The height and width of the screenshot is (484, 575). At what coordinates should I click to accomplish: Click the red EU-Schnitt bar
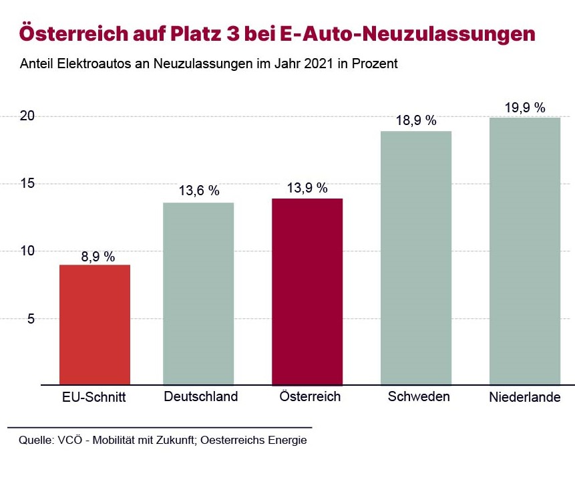[95, 325]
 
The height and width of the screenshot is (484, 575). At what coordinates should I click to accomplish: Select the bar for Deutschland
[198, 294]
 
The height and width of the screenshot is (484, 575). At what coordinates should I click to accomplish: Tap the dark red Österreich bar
[308, 291]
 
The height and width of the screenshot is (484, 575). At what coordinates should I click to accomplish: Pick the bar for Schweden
[416, 258]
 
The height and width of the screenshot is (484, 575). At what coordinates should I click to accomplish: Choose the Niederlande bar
[524, 251]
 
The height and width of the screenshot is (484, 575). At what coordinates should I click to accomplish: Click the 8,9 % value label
[95, 257]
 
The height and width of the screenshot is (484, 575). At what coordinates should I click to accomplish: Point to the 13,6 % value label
[198, 191]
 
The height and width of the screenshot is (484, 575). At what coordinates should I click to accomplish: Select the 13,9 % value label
[308, 188]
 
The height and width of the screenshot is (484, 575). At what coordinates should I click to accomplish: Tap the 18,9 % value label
[416, 120]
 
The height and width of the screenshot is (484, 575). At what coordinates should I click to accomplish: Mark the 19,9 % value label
[524, 107]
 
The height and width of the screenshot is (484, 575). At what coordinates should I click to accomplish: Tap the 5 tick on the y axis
[29, 319]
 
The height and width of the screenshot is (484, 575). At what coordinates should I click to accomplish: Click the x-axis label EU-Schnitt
[95, 397]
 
